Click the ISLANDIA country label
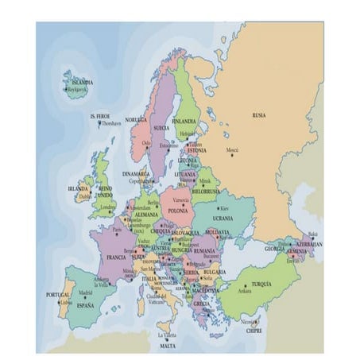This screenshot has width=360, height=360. click(83, 82)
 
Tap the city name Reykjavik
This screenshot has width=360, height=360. click(77, 90)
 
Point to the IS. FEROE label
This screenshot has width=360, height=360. click(99, 116)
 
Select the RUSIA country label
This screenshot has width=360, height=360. click(259, 115)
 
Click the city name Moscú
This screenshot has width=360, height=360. click(232, 149)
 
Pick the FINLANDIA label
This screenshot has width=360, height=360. click(184, 122)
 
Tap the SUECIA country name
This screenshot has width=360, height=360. click(161, 127)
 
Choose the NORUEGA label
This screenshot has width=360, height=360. click(136, 120)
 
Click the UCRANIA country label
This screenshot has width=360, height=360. click(223, 216)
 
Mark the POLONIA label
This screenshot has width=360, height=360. click(178, 211)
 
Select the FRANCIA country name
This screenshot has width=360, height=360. click(116, 257)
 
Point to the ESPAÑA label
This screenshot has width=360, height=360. click(85, 305)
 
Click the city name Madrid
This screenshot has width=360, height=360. click(85, 292)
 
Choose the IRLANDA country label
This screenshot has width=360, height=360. click(79, 189)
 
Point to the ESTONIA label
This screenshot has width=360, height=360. click(197, 150)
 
